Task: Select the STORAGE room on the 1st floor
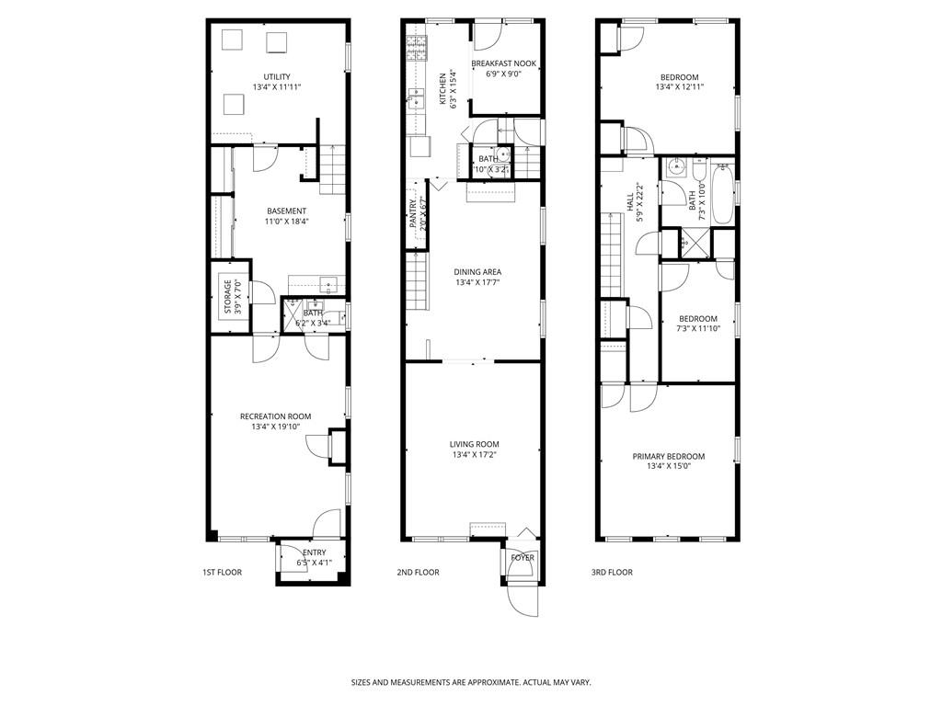[x=228, y=297]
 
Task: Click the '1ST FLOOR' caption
[x=222, y=573]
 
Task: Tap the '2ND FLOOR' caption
[x=418, y=573]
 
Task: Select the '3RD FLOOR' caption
[x=612, y=573]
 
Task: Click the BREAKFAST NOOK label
[x=503, y=63]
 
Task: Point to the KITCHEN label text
[x=442, y=89]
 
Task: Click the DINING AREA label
[x=477, y=272]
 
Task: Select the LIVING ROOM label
[x=475, y=445]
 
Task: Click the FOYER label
[x=522, y=558]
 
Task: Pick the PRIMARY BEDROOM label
[x=668, y=457]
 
